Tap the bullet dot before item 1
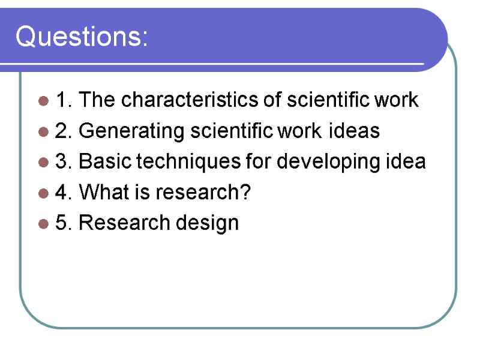coord(43,101)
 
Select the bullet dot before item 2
coord(43,131)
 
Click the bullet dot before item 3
coord(43,163)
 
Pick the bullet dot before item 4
coord(43,193)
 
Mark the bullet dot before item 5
coord(43,224)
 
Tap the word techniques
coord(184,162)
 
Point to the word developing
coord(320,162)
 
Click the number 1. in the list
coord(64,100)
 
